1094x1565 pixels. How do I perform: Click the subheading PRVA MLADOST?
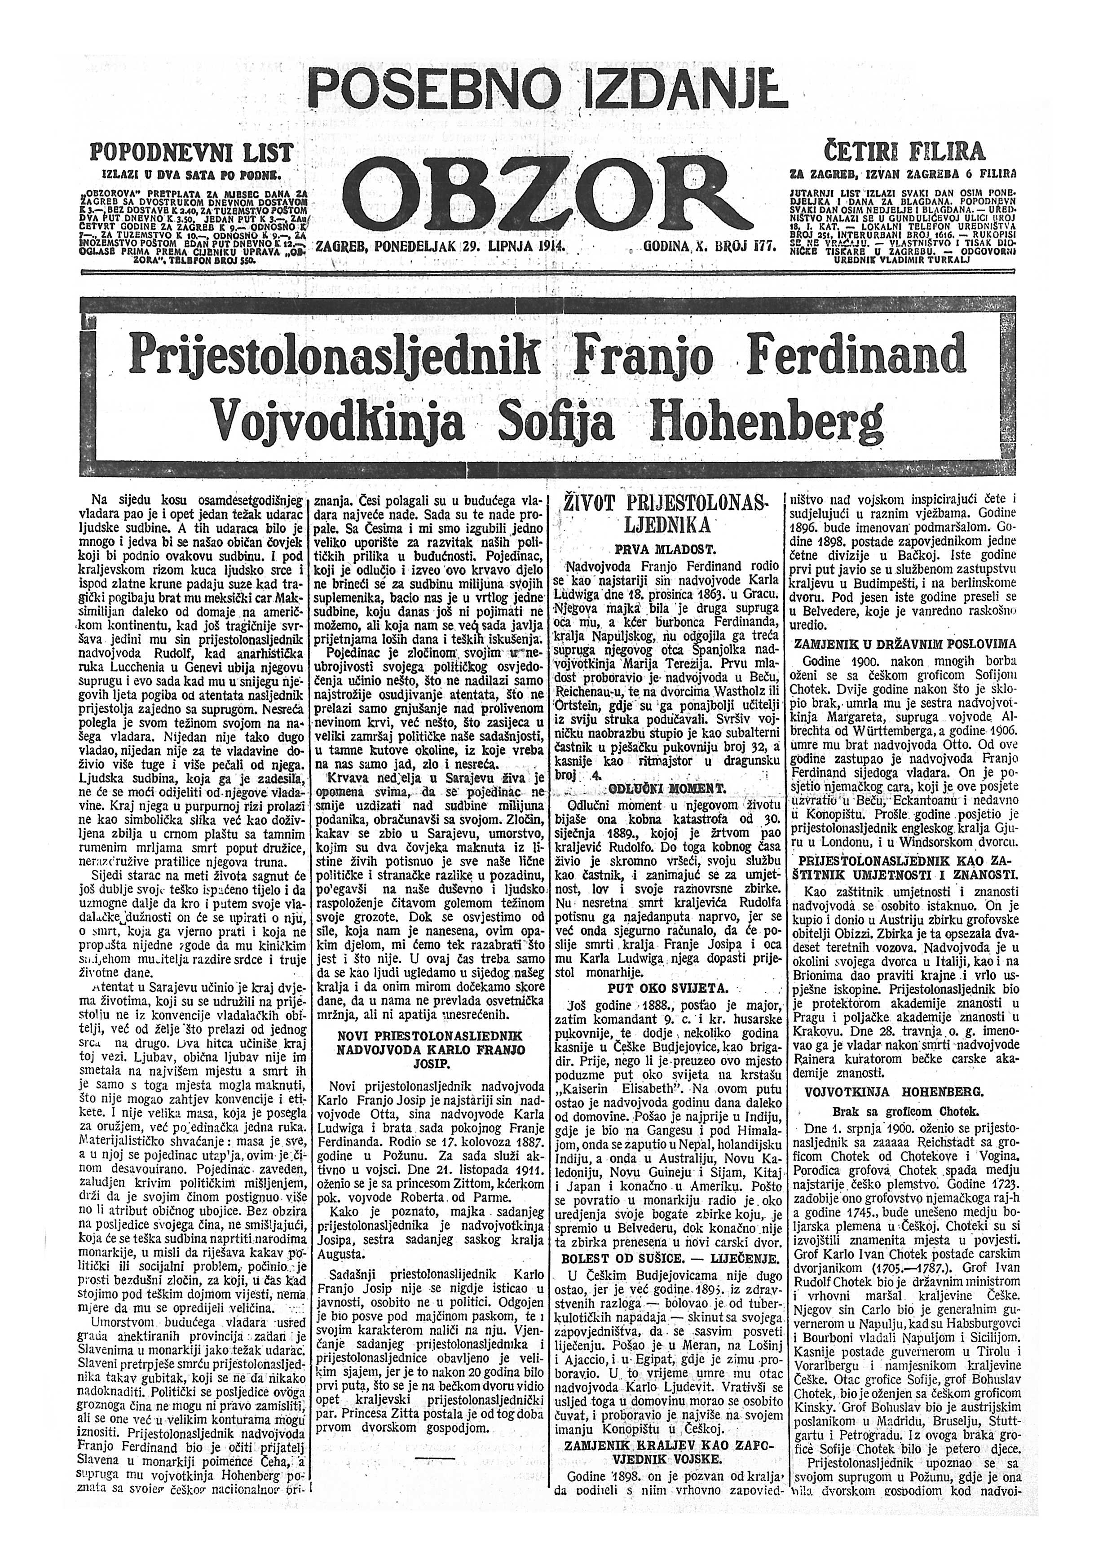[x=662, y=547]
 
